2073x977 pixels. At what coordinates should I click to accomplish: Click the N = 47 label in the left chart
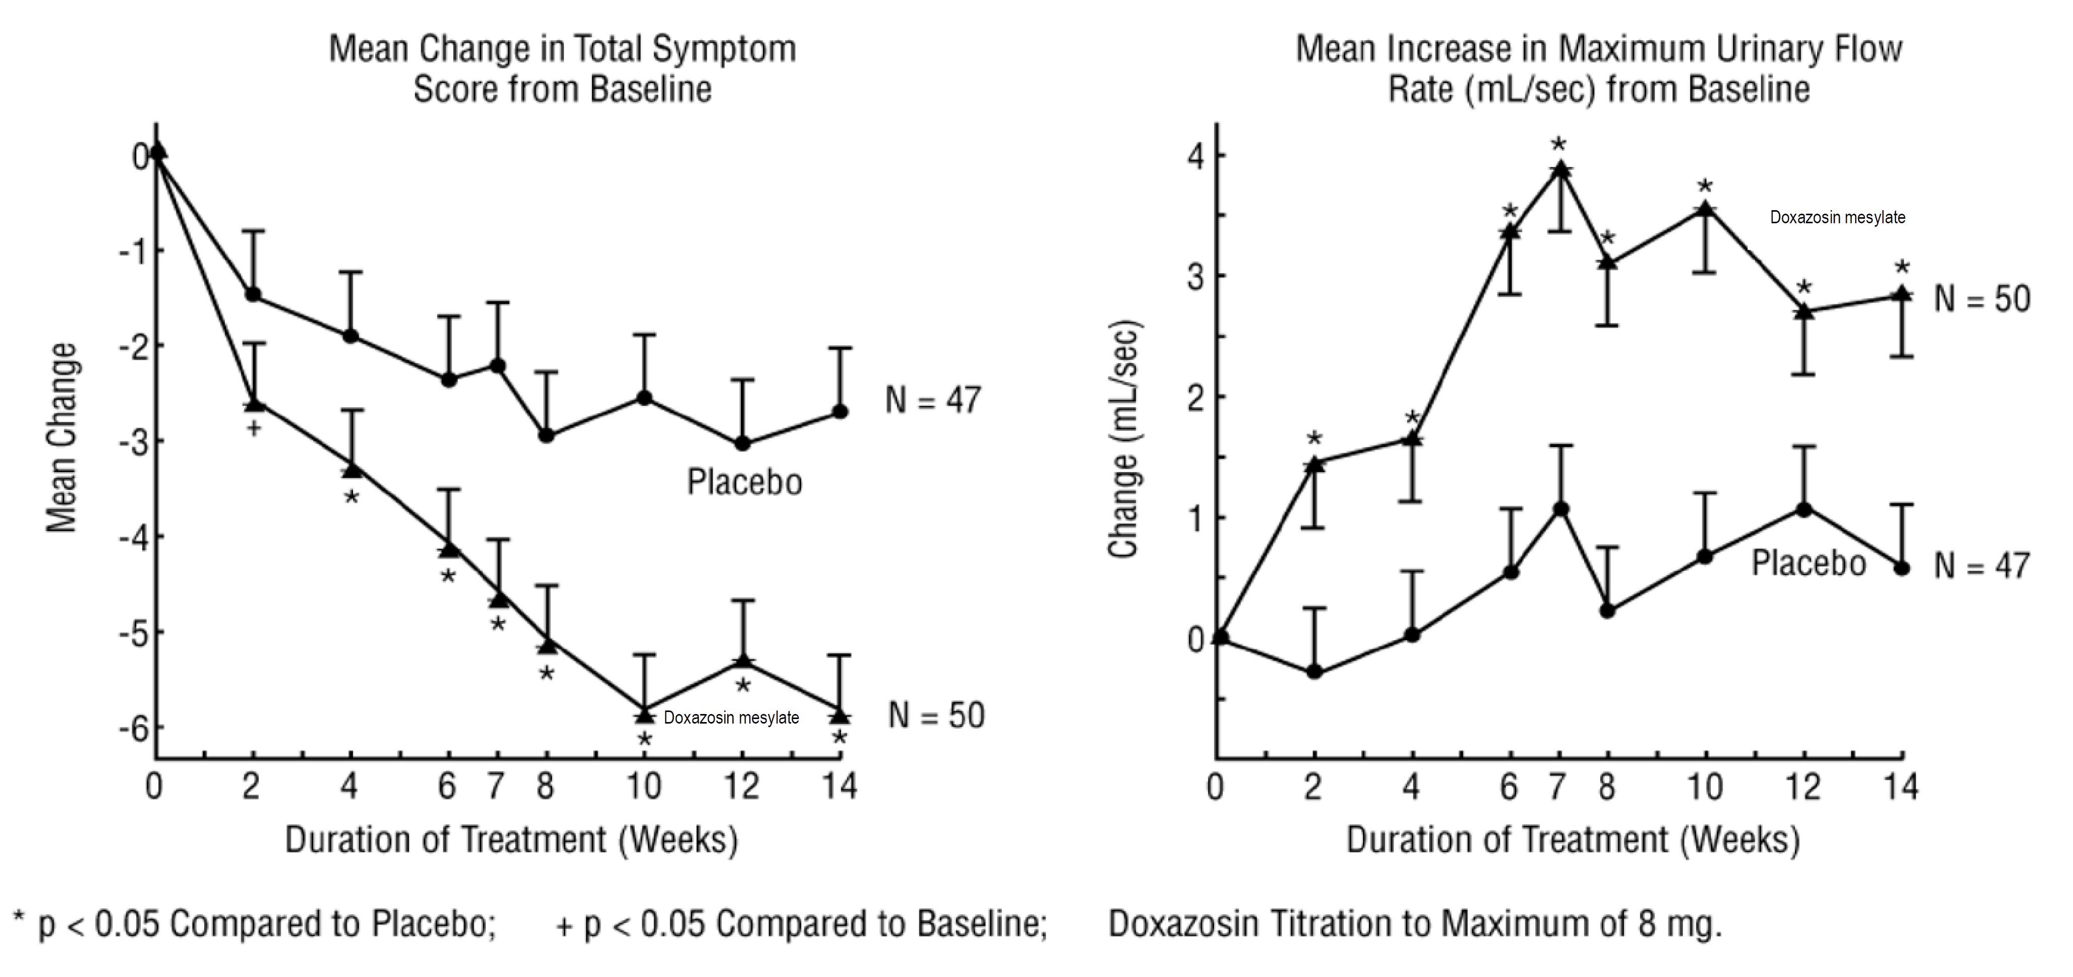[x=933, y=400]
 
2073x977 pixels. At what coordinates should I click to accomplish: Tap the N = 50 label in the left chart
[x=936, y=716]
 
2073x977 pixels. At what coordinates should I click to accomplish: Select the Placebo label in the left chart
[x=744, y=482]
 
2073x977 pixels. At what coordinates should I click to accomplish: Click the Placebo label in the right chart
[x=1808, y=563]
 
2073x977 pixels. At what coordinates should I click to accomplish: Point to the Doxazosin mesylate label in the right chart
[x=1837, y=217]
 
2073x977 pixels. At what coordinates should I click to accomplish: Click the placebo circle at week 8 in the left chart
[x=547, y=435]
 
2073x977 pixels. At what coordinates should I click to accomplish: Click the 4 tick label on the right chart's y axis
[x=1196, y=155]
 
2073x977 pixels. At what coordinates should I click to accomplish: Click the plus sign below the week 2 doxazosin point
[x=253, y=428]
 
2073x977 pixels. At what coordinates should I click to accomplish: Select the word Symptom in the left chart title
[x=724, y=49]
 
